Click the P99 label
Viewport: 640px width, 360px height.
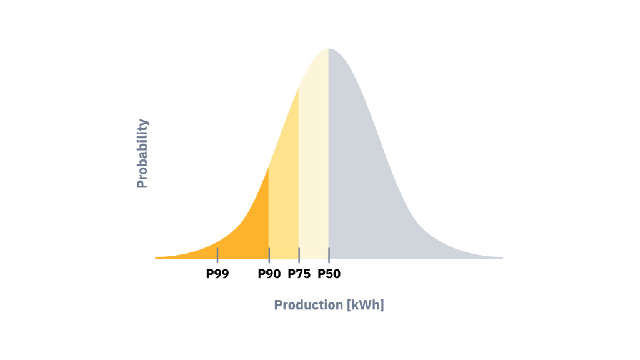tap(217, 273)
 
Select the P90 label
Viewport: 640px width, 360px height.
tap(269, 273)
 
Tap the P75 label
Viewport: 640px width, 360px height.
tap(299, 273)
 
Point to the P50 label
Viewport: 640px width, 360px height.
tap(329, 273)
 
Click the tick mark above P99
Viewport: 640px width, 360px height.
tap(217, 255)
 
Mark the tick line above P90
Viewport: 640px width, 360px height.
tap(269, 255)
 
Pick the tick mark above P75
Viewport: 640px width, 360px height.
tap(299, 255)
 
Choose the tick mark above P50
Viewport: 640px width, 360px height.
tap(329, 255)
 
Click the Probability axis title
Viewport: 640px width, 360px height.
tap(142, 154)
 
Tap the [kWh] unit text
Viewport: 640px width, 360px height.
tap(365, 305)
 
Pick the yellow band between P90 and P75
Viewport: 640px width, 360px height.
tap(284, 200)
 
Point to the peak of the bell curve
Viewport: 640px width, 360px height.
tap(329, 49)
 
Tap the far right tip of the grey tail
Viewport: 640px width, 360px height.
tap(501, 257)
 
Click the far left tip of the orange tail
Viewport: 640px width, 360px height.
tap(157, 257)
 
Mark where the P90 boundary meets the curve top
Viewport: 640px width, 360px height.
tap(269, 167)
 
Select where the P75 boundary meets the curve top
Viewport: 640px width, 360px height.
tap(299, 89)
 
